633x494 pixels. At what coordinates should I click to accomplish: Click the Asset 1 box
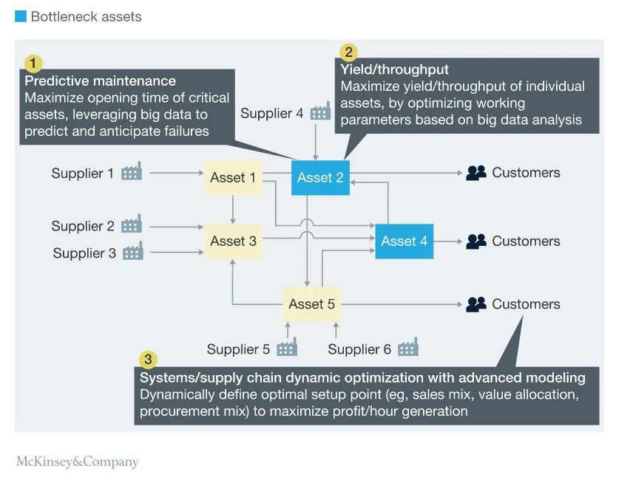coord(233,177)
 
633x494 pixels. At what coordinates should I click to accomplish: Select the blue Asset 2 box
coord(320,177)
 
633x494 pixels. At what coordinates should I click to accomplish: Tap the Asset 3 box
coord(233,241)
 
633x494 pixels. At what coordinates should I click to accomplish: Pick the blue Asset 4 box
coord(404,241)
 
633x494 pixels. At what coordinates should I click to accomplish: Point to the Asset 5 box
coord(311,303)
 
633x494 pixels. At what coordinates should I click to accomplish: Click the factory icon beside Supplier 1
coord(131,173)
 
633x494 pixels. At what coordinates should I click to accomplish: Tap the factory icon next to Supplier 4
coord(320,112)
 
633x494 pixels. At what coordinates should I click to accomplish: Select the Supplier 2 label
coord(82,226)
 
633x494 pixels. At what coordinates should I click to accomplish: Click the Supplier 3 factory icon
coord(133,253)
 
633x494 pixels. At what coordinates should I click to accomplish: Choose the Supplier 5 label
coord(238,349)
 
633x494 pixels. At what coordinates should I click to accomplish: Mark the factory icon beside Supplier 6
coord(407,348)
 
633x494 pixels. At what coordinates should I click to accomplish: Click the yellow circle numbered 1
coord(33,63)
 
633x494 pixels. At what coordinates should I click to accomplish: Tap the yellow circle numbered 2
coord(348,52)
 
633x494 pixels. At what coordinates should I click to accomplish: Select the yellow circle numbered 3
coord(148,360)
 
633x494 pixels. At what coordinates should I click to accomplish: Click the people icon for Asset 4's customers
coord(476,241)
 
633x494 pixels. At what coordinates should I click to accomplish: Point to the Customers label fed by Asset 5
coord(526,303)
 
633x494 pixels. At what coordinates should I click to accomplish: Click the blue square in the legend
coord(21,16)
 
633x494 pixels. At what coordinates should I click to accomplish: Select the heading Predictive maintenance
coord(101,80)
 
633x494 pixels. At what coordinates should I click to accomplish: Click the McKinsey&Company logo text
coord(77,462)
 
